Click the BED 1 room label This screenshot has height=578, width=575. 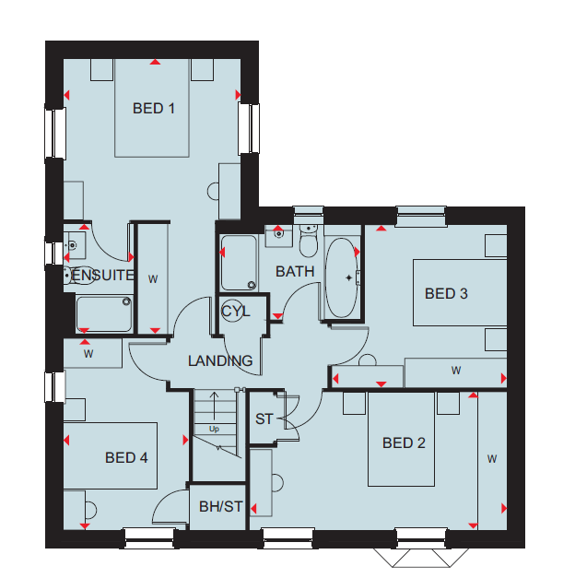(x=153, y=109)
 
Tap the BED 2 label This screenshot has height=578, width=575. (x=404, y=442)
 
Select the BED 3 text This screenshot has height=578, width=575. (x=446, y=294)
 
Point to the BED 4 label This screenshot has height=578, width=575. (x=126, y=458)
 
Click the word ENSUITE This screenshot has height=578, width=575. (x=102, y=276)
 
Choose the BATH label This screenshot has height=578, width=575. (x=295, y=272)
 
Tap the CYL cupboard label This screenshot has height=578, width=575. (x=236, y=312)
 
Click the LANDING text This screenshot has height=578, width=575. (x=220, y=360)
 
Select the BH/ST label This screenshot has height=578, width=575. (x=221, y=506)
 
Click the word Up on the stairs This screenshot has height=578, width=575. (x=214, y=429)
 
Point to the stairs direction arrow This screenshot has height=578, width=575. (x=214, y=406)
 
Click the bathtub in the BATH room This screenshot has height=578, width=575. (x=341, y=277)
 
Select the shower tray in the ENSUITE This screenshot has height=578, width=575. (x=104, y=314)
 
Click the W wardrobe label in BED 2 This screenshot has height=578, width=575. (x=492, y=459)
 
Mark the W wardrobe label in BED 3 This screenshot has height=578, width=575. (x=456, y=371)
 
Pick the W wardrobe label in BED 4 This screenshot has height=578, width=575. (x=88, y=354)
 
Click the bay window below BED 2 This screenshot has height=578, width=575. (x=421, y=558)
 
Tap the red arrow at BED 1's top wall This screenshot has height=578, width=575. (x=155, y=62)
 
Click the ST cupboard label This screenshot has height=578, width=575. (x=264, y=419)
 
